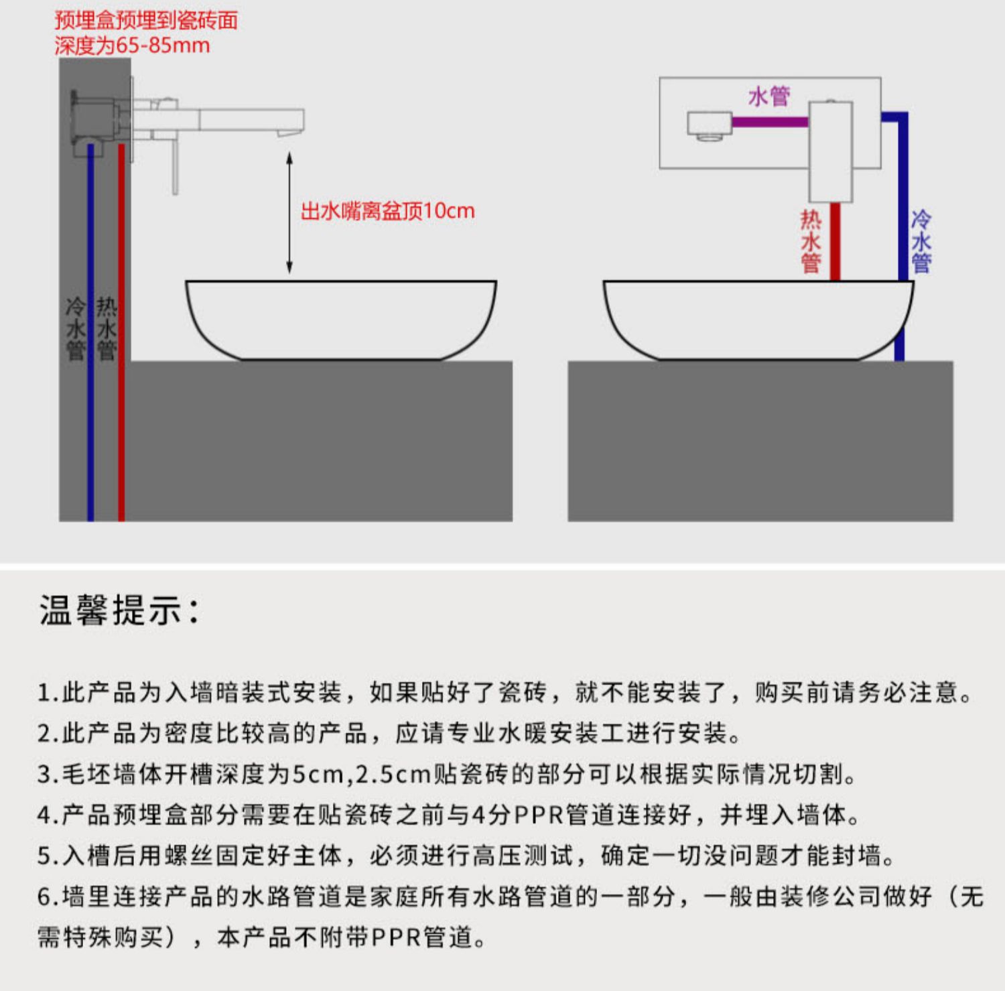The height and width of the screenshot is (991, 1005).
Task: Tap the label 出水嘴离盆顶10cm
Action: pyautogui.click(x=387, y=212)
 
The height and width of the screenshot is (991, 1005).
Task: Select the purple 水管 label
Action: pyautogui.click(x=769, y=96)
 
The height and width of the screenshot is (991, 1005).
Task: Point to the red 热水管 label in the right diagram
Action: pyautogui.click(x=811, y=241)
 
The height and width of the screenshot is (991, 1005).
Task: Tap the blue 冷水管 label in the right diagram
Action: pyautogui.click(x=921, y=241)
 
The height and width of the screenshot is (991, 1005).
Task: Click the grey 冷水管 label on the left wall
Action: pyautogui.click(x=75, y=329)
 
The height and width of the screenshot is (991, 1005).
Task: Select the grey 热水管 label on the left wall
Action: pyautogui.click(x=107, y=329)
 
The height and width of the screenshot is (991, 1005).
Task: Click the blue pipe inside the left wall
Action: pyautogui.click(x=90, y=402)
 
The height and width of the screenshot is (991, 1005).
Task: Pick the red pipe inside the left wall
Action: pyautogui.click(x=121, y=402)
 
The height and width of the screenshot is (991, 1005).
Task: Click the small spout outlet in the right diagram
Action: pyautogui.click(x=709, y=126)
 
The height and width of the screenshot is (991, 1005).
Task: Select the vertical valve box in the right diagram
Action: pyautogui.click(x=831, y=151)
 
